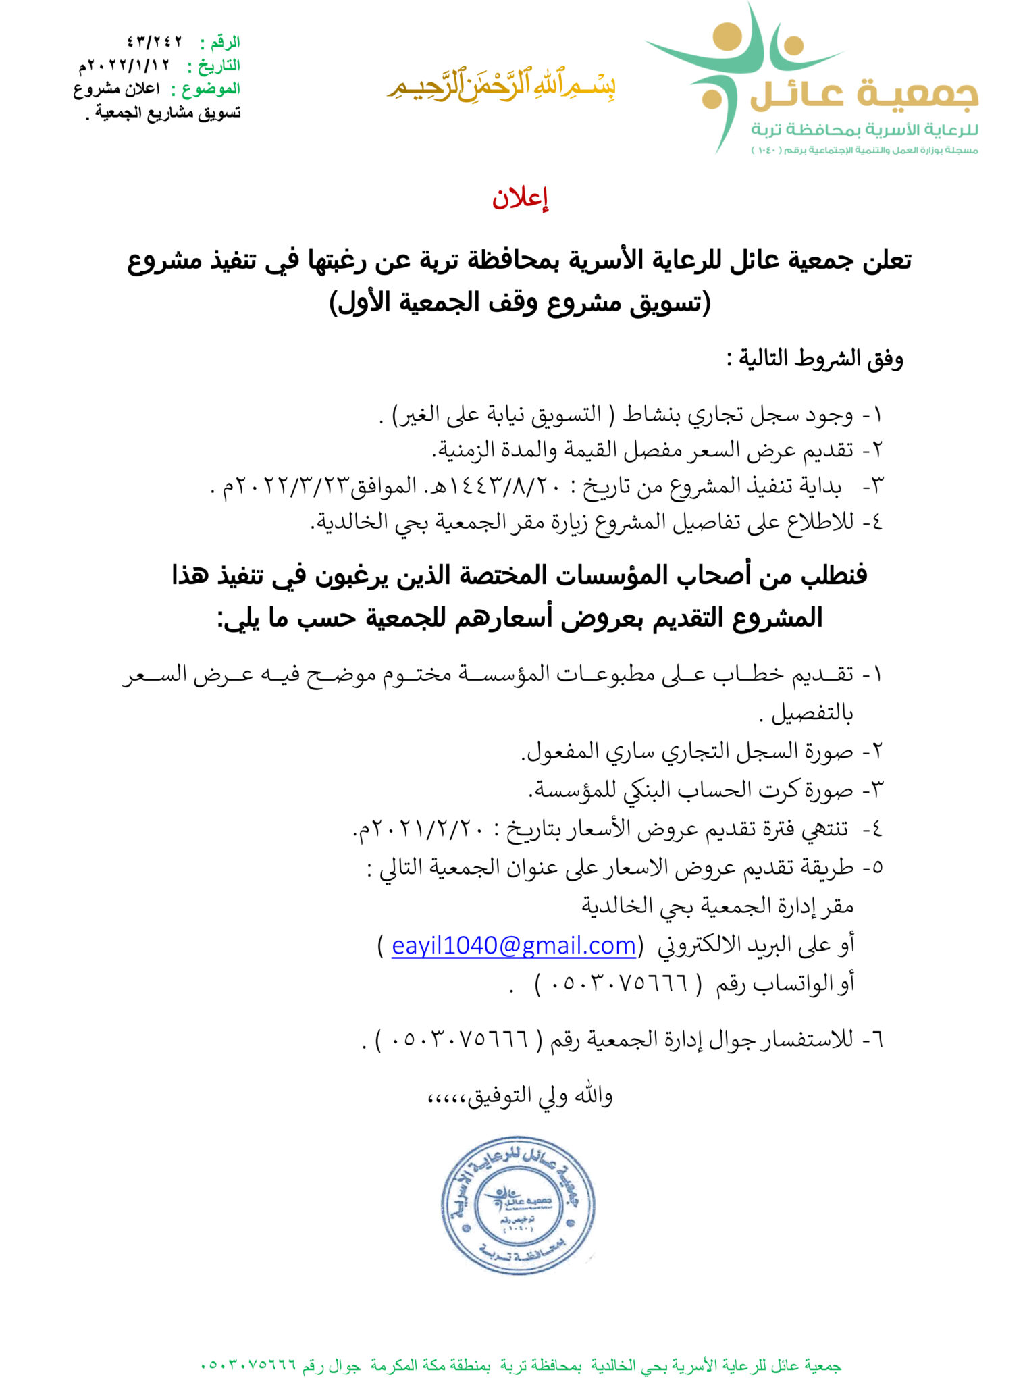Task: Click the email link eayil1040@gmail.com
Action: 514,945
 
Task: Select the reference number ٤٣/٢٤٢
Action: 155,42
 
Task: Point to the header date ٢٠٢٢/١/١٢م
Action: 125,66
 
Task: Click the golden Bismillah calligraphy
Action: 500,86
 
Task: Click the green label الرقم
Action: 224,43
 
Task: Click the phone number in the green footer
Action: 249,1365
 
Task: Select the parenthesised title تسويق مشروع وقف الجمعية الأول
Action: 520,303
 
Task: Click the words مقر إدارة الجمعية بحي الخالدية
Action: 718,906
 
